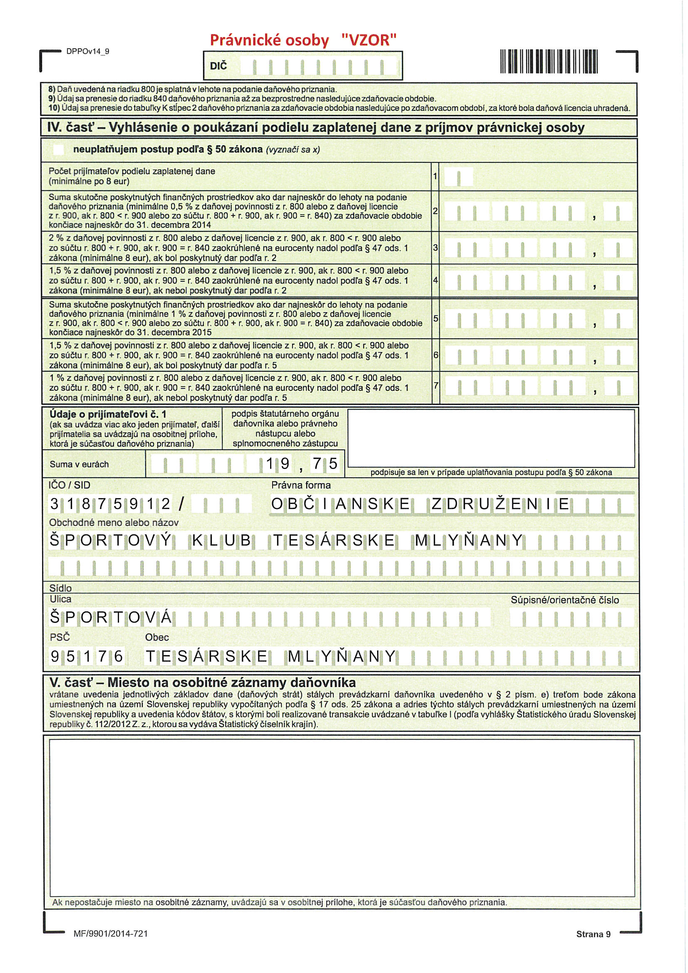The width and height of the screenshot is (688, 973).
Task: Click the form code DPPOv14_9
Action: click(88, 52)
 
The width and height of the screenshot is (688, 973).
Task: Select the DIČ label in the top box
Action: click(219, 66)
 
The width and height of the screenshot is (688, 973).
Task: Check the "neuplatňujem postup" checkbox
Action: click(59, 149)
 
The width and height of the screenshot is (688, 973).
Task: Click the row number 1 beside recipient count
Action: click(435, 176)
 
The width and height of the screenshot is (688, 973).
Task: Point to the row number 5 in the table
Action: click(436, 319)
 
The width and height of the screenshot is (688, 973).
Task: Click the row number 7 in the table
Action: click(436, 386)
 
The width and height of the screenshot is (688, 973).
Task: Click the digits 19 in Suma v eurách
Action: click(278, 464)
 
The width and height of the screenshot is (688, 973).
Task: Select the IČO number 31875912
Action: click(110, 504)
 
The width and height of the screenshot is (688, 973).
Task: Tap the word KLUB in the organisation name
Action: click(222, 541)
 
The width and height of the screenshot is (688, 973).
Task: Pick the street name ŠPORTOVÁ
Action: click(111, 618)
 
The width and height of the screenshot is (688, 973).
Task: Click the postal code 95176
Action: click(87, 656)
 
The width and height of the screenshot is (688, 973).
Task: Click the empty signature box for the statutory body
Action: click(491, 437)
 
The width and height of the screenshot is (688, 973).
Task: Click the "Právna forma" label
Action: click(301, 485)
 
